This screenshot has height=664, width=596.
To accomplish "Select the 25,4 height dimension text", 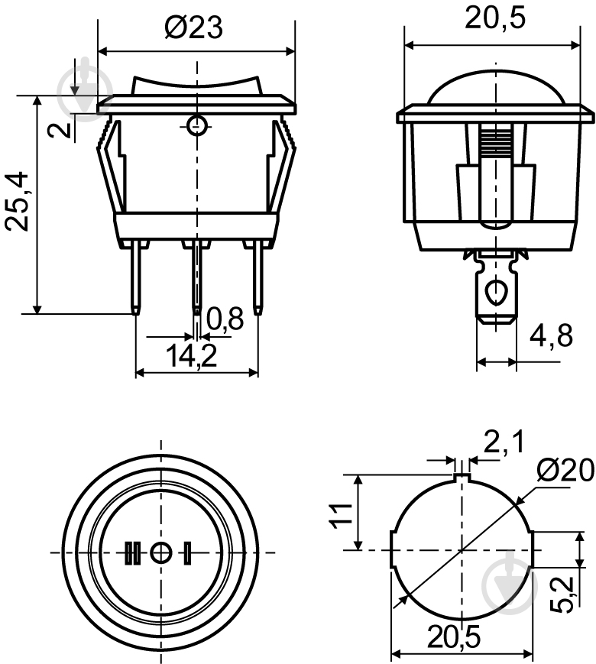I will coord(20,202).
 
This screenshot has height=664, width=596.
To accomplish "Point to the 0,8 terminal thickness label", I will coord(224,319).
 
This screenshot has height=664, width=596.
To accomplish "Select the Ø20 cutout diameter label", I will coord(564,471).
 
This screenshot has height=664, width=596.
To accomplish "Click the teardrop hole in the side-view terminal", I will coord(497,292).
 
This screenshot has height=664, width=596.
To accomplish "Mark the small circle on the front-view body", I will coord(197,125).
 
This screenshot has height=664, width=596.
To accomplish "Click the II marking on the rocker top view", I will coord(132,552).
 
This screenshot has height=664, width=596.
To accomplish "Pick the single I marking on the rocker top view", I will coord(187,552).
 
